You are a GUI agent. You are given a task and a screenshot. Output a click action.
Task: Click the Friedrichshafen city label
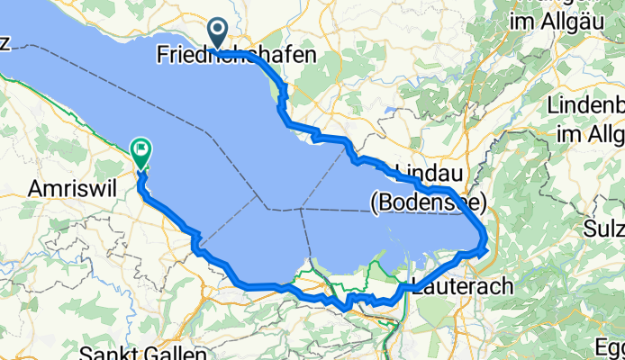236,55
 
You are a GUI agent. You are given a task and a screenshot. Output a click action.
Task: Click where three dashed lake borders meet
299,209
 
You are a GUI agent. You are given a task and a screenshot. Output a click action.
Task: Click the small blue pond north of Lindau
389,112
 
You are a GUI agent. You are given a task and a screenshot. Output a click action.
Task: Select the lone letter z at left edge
5,48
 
